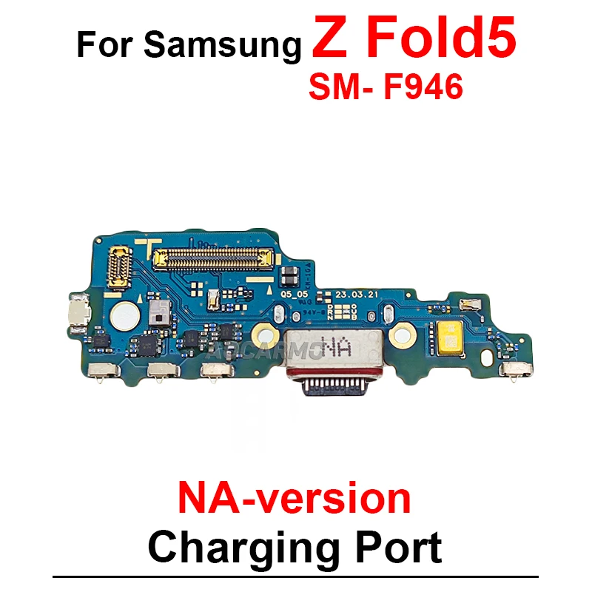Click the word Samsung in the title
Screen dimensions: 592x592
point(223,46)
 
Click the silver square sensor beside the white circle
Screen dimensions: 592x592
point(155,314)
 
